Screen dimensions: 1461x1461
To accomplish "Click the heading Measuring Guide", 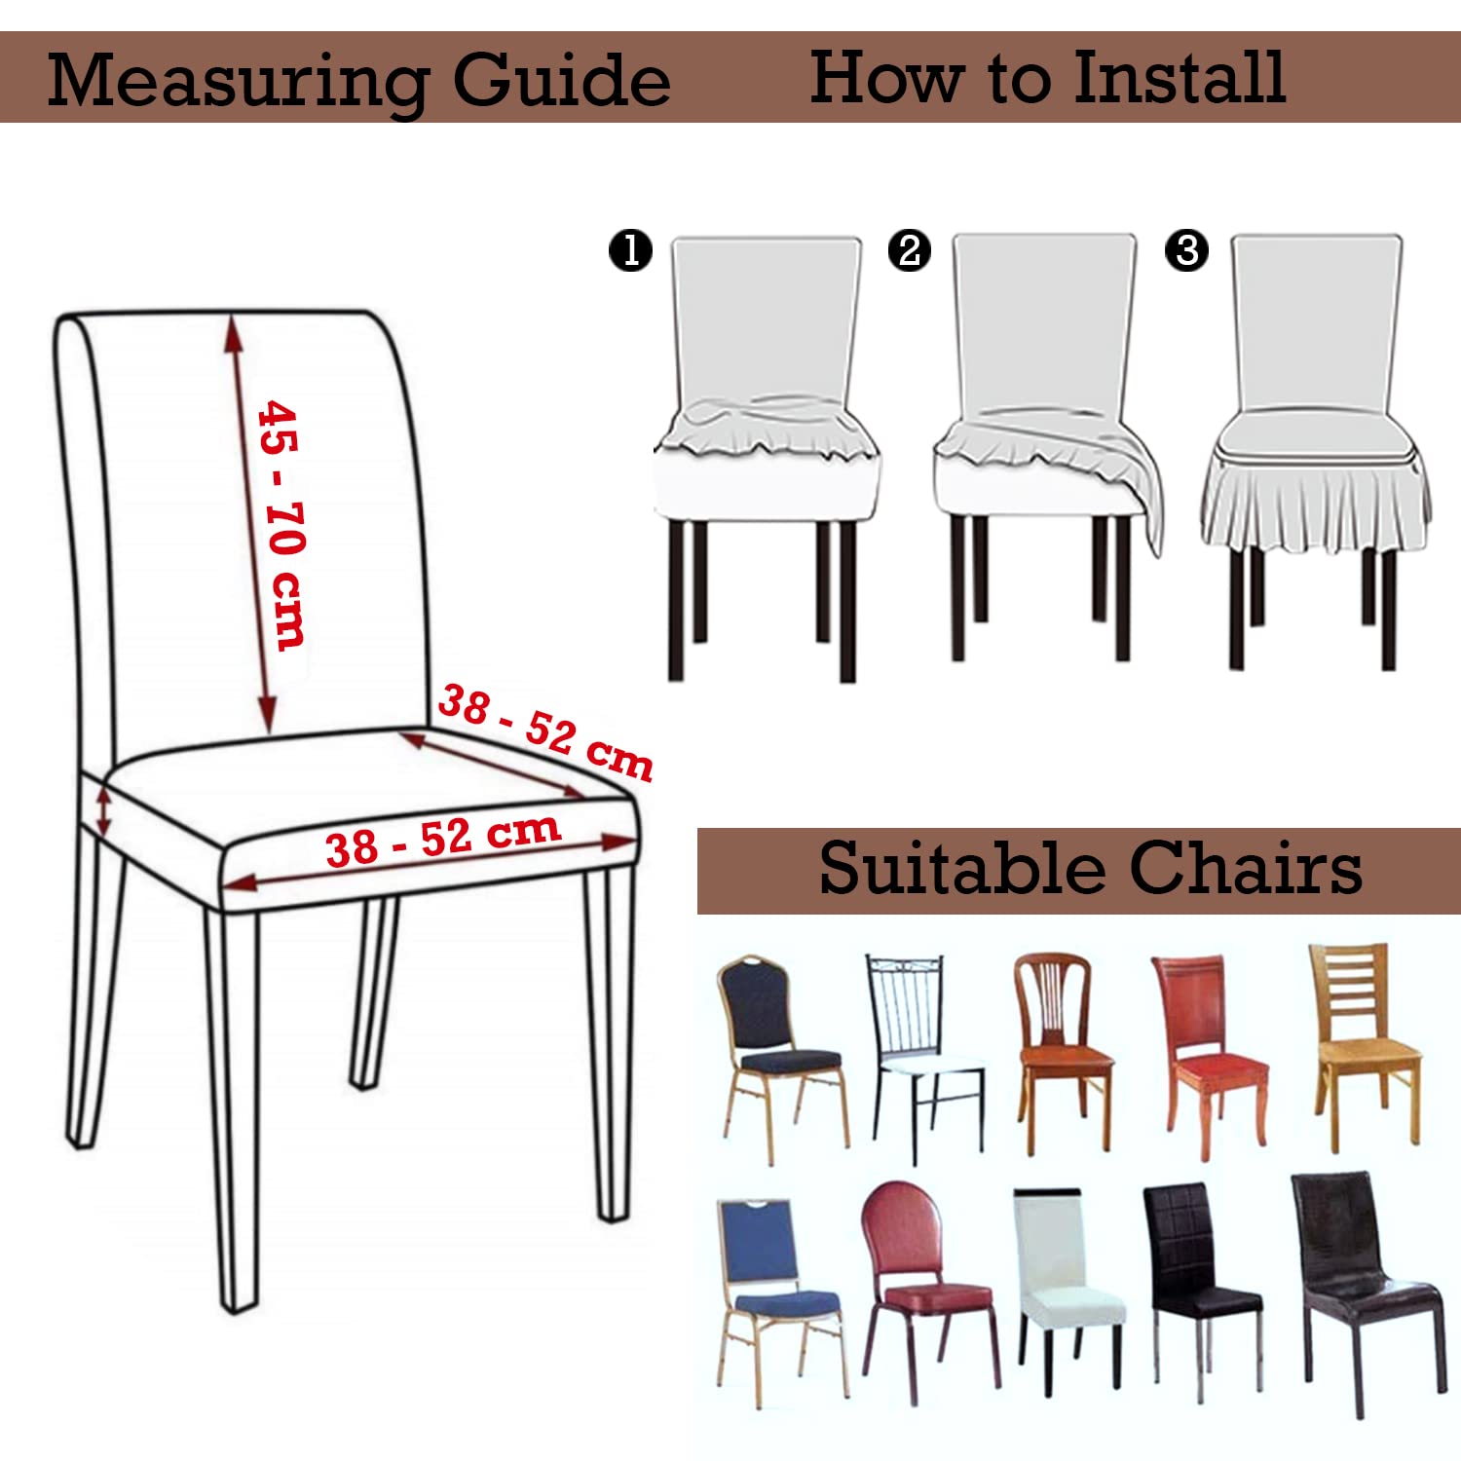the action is pos(358,81).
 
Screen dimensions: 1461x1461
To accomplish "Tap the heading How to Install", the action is pos(1048,77).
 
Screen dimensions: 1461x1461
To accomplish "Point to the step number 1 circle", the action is pos(630,250).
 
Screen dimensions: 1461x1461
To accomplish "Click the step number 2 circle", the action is pos(910,250).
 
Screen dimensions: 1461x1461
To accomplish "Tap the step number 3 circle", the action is pos(1187,250).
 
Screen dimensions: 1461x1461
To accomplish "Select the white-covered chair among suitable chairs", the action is pos(1068,1291).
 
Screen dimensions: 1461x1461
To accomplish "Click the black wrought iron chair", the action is pos(922,1057).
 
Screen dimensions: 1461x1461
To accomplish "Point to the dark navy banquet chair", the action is pos(782,1057).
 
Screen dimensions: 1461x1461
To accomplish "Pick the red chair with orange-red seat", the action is pos(1208,1057).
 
